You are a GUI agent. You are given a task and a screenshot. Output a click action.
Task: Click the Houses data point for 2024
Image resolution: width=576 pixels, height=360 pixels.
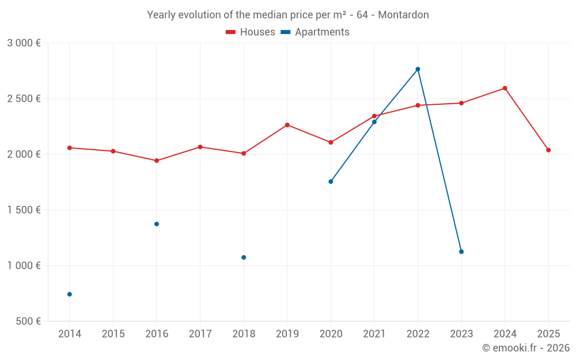pos(505,88)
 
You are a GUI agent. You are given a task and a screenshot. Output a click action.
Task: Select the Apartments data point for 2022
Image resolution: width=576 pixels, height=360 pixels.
pos(418,69)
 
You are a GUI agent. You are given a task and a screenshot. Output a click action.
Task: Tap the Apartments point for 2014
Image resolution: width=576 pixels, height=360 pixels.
pos(70,294)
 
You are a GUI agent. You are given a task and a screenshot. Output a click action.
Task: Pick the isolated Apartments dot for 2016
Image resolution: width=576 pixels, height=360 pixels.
pos(157,224)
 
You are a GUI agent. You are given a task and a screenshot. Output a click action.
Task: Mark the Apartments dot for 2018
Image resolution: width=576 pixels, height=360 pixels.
pos(244,257)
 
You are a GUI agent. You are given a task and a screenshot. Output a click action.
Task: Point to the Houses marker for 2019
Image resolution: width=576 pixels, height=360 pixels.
pos(287,125)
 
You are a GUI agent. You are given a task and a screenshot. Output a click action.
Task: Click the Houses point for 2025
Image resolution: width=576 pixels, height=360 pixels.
pos(548,150)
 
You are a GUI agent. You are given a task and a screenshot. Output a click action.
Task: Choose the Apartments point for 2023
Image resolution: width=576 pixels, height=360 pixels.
pos(461,252)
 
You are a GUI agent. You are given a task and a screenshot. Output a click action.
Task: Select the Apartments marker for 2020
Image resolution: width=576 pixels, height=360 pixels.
pos(331,181)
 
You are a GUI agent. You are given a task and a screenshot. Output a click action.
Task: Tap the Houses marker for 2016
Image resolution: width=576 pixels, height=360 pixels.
pos(157,161)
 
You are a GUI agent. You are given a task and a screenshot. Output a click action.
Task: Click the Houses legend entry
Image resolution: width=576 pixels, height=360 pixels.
pos(251,32)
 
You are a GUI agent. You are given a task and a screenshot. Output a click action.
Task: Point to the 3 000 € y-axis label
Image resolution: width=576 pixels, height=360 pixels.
pos(24,43)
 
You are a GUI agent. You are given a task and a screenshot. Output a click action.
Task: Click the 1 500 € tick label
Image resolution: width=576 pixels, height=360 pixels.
pos(24,210)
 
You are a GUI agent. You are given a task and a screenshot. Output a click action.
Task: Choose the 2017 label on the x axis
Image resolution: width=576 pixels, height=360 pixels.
pos(200,334)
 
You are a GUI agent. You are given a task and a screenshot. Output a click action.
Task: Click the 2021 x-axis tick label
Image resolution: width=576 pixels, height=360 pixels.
pos(374,334)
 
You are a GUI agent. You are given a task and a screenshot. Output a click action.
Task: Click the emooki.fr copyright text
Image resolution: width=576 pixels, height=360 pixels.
pos(526,348)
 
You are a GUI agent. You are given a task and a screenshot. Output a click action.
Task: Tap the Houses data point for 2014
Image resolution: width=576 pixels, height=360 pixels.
pos(70,148)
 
